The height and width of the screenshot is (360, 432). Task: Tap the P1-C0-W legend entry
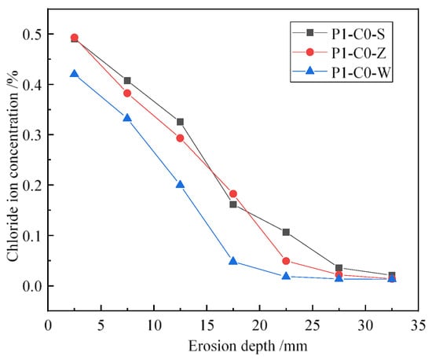341,72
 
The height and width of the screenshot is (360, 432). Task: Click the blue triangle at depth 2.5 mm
74,74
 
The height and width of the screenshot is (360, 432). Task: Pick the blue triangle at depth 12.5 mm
180,185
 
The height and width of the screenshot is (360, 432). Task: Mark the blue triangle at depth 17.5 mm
233,261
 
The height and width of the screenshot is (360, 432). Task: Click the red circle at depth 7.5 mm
127,94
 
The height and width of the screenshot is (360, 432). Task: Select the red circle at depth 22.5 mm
286,261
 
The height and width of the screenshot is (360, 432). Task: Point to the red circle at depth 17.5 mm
233,194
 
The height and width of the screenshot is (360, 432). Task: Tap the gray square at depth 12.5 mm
180,122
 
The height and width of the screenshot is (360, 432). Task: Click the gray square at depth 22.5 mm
286,232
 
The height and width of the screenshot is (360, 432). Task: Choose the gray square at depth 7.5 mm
127,80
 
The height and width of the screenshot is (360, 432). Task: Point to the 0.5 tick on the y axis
49,34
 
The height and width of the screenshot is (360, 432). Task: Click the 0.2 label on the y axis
32,185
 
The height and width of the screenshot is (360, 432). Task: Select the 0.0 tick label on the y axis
32,286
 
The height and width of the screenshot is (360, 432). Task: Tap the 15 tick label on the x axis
207,326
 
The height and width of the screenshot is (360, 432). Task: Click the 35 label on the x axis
419,326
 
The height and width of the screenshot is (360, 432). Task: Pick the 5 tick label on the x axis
101,326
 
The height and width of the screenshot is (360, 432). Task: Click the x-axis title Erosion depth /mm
247,347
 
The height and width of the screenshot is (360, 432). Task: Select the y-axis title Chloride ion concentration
13,165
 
